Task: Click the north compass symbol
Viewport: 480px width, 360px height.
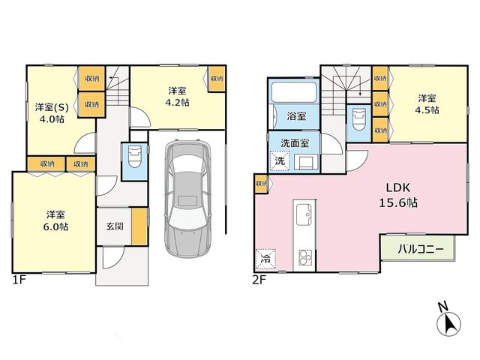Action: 448,321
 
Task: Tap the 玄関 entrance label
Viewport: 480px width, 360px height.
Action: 115,226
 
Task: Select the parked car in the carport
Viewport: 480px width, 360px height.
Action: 188,198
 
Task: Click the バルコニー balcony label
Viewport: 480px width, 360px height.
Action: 421,249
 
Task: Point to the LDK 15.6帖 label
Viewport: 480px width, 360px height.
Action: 398,195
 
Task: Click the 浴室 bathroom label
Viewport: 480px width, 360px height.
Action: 296,116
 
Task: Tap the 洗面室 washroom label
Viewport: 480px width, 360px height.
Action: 295,143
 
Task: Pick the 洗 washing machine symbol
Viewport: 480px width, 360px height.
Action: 280,160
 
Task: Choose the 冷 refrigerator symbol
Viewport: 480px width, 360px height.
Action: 265,259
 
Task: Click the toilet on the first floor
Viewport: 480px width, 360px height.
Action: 134,157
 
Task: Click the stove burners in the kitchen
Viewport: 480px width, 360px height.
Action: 305,258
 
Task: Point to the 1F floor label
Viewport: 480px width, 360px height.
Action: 19,280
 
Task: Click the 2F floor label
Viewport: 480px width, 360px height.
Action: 259,280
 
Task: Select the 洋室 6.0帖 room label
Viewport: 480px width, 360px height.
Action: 55,220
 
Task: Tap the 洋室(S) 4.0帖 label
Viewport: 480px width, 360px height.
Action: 52,112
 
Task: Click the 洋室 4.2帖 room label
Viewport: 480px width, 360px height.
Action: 177,97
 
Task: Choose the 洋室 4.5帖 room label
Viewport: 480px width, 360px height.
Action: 427,104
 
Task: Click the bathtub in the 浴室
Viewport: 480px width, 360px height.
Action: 293,92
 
